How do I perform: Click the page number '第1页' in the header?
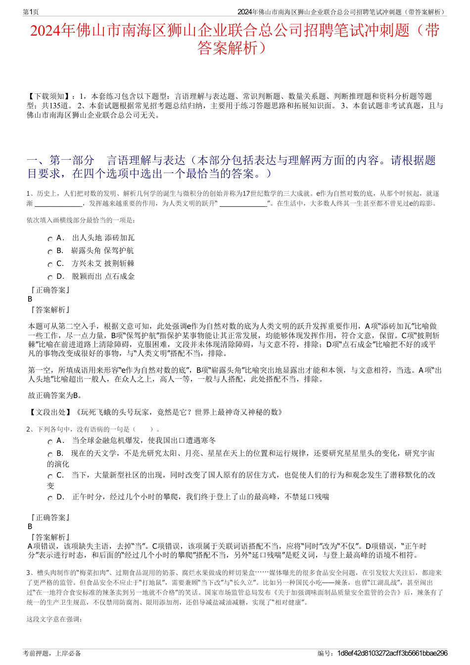[31, 12]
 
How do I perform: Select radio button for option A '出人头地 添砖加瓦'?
[50, 239]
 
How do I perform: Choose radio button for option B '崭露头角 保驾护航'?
[50, 252]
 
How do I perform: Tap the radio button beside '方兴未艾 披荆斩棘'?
[50, 265]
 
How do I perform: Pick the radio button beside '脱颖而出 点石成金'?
[50, 277]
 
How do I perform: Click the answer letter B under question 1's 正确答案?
[30, 299]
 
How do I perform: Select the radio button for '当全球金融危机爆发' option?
[50, 442]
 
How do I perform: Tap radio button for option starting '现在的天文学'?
[50, 454]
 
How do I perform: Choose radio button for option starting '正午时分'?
[50, 498]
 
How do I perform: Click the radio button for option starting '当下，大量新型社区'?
[50, 476]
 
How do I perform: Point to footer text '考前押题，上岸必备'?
[52, 653]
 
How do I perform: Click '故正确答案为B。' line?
[55, 395]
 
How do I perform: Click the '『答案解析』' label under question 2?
[49, 537]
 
